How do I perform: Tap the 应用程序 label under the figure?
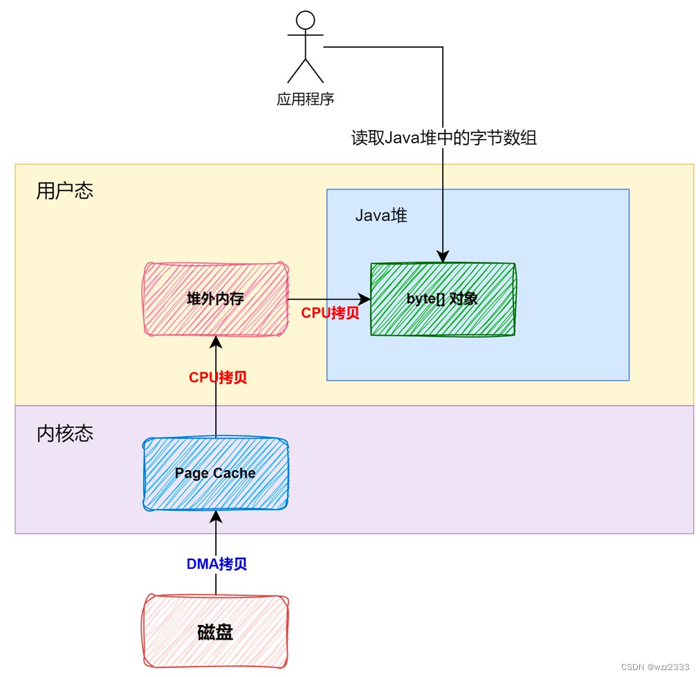(x=305, y=99)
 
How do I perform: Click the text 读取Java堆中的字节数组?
(x=443, y=138)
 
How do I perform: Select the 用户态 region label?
(x=64, y=191)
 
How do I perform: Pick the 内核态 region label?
(x=64, y=434)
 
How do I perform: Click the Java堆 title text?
(x=381, y=215)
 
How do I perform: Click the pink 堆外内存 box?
(x=215, y=299)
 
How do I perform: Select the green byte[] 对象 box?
(x=443, y=299)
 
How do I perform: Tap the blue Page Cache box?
(x=215, y=473)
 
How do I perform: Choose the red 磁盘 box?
(x=215, y=631)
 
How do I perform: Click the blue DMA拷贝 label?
(x=217, y=563)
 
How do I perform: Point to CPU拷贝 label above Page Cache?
(x=218, y=378)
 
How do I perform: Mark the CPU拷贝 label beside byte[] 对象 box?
(x=330, y=313)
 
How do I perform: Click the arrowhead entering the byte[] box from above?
(x=443, y=257)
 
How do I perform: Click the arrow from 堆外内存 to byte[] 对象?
(x=329, y=299)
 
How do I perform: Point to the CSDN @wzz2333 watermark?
(x=654, y=667)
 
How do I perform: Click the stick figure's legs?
(x=305, y=71)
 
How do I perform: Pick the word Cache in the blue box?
(x=233, y=473)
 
